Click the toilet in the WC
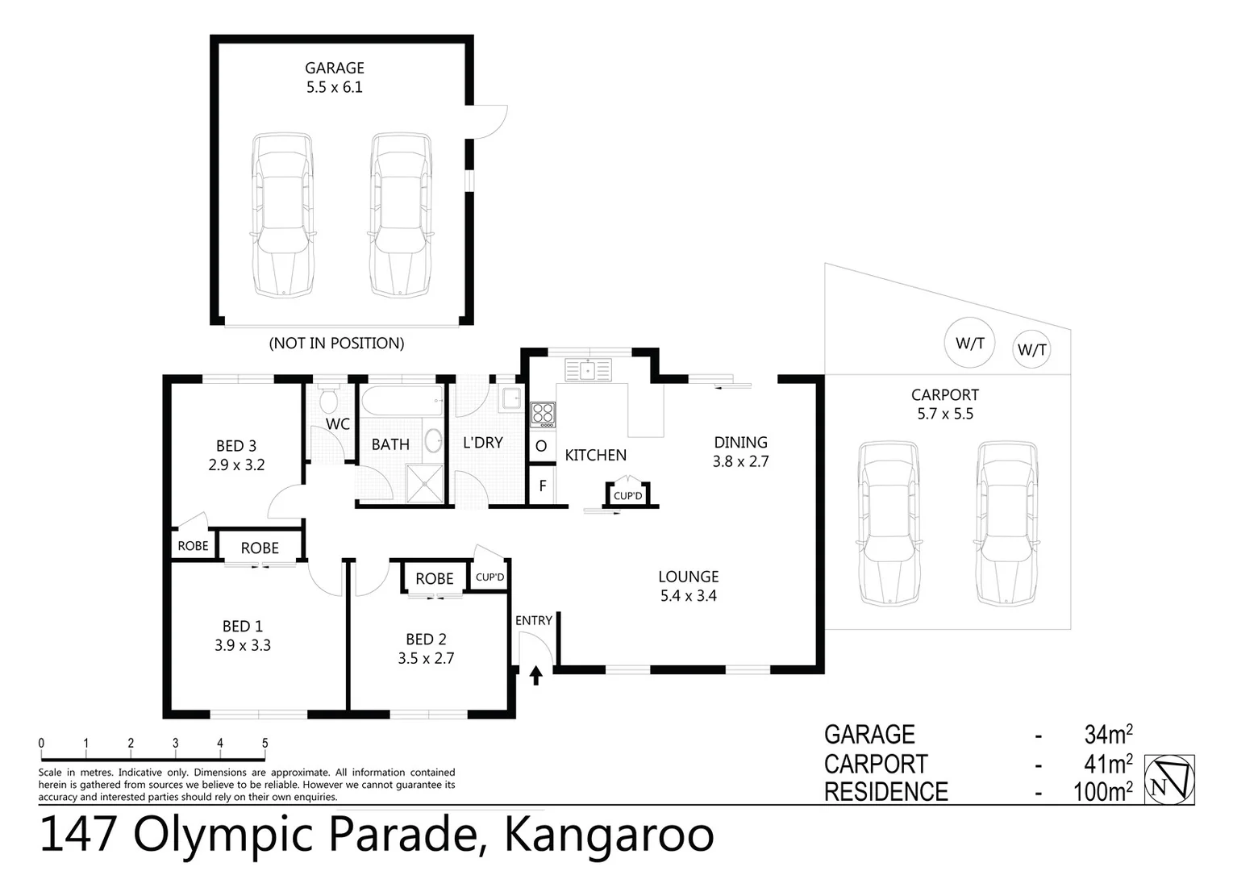[329, 398]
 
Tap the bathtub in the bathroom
[402, 401]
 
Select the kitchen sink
[589, 370]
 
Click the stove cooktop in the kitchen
[543, 415]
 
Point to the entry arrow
[536, 675]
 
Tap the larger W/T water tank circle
[970, 344]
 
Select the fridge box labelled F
[543, 486]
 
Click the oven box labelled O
[541, 446]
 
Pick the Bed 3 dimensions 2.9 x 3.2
[236, 465]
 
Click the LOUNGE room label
[688, 577]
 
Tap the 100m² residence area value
[1102, 792]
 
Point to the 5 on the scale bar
[265, 744]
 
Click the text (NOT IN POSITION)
[336, 344]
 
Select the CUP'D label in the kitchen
[627, 496]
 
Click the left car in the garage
[281, 215]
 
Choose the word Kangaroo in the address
[609, 835]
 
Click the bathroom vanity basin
[433, 441]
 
